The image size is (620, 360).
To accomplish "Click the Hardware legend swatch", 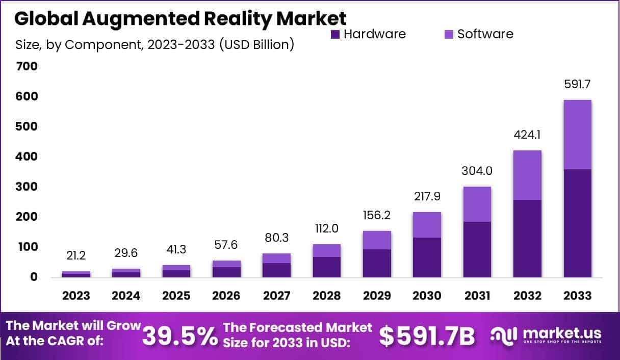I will click(335, 35).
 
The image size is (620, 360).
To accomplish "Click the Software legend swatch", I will click(449, 35).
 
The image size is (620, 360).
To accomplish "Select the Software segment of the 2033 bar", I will click(577, 135).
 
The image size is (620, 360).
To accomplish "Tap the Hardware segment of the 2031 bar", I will click(477, 249).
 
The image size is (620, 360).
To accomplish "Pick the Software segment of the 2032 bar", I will click(527, 175).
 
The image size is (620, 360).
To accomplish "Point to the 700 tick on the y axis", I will click(27, 66).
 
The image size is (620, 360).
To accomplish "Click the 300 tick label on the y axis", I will click(27, 187).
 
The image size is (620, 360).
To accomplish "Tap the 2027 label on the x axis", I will click(276, 296).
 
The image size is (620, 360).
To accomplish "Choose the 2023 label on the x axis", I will click(76, 296).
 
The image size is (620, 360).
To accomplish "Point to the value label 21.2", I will click(76, 255).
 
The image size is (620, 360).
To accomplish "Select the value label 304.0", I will click(477, 171).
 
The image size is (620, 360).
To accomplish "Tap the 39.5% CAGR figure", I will click(179, 336).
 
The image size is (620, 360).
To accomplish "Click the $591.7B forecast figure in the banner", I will click(427, 336).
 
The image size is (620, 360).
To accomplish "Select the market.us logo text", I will click(560, 333).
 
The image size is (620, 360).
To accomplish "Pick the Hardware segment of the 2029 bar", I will click(377, 263).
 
